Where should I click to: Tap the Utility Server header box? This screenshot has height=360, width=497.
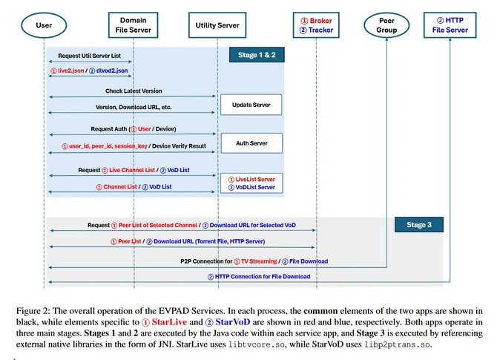point(217,25)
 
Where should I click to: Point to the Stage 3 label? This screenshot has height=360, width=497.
point(416,224)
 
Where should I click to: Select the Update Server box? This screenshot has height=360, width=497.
point(251,105)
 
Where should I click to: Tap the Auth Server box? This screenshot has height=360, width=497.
point(251,143)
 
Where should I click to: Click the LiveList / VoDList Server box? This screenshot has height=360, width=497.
point(251,183)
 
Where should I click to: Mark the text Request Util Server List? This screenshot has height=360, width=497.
point(90,56)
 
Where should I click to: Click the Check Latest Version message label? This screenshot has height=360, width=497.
point(134,91)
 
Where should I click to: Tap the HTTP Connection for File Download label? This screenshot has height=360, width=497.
point(258,276)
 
